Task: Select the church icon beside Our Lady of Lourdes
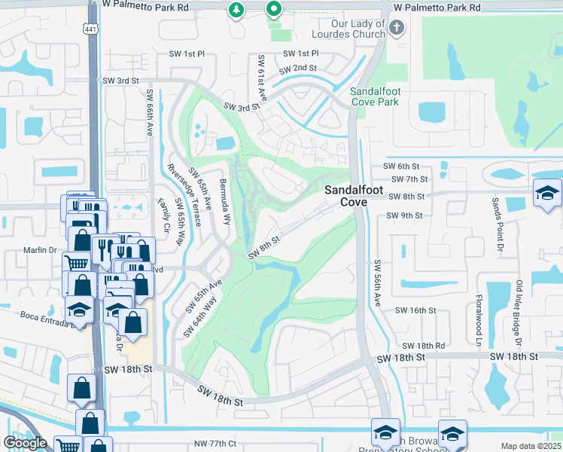[x=397, y=28]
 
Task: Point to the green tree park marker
[x=236, y=10]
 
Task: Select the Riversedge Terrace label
[x=184, y=194]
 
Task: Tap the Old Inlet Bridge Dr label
[x=519, y=309]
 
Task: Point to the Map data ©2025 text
[x=531, y=446]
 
